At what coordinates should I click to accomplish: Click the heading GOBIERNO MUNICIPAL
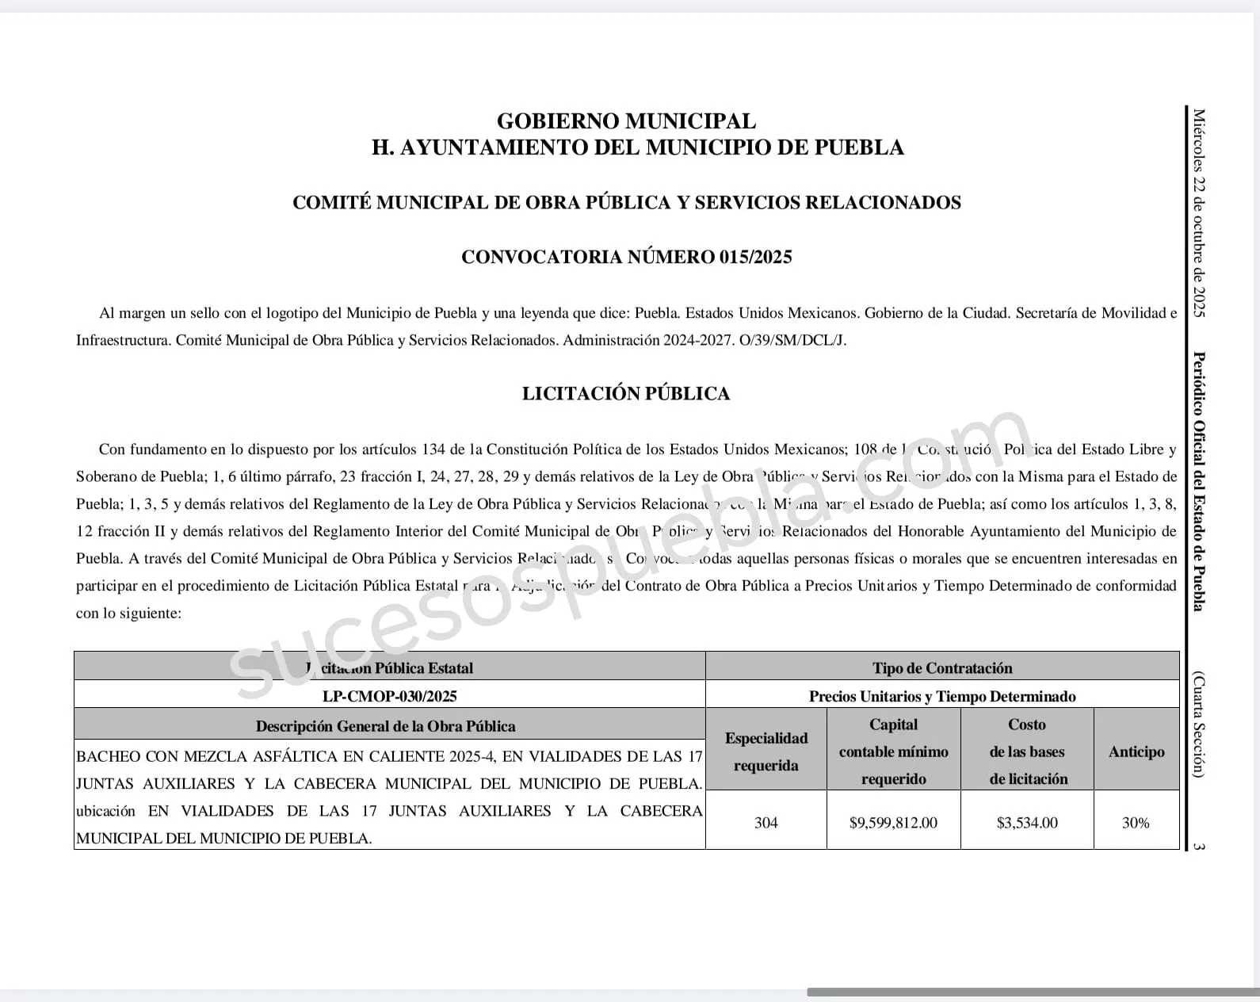[626, 121]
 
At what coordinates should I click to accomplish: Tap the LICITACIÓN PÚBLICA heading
[626, 393]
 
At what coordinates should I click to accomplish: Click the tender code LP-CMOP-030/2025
[389, 696]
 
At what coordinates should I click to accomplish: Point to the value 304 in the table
[766, 823]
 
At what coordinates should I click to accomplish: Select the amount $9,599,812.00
[893, 823]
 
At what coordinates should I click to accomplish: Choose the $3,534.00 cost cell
[1027, 823]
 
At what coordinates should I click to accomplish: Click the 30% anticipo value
[1136, 823]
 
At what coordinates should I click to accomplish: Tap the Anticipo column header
[1136, 751]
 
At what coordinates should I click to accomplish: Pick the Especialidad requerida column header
[766, 751]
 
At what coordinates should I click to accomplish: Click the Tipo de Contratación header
[942, 668]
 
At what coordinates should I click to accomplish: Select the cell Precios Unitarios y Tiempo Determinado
[942, 696]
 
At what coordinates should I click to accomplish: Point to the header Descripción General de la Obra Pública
[385, 726]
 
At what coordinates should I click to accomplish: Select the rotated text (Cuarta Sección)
[1199, 725]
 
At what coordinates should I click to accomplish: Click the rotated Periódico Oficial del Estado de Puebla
[1199, 481]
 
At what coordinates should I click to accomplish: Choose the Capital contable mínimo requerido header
[893, 751]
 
